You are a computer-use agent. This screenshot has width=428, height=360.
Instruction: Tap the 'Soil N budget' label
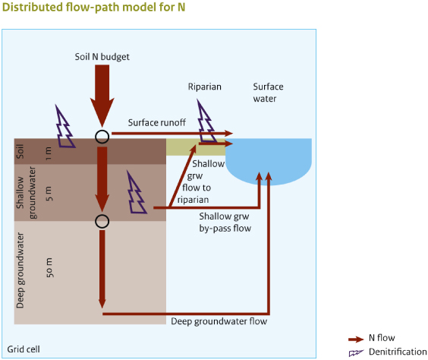point(102,56)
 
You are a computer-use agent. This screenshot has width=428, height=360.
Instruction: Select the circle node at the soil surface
point(102,136)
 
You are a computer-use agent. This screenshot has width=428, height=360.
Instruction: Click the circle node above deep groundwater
point(102,221)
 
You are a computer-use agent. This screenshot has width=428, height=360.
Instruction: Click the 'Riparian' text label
point(205,87)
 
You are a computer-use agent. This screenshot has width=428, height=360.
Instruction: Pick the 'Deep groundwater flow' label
point(219,321)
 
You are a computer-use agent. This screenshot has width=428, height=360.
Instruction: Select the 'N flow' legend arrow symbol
point(356,339)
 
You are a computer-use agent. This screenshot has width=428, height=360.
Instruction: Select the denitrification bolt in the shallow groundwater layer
point(137,195)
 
